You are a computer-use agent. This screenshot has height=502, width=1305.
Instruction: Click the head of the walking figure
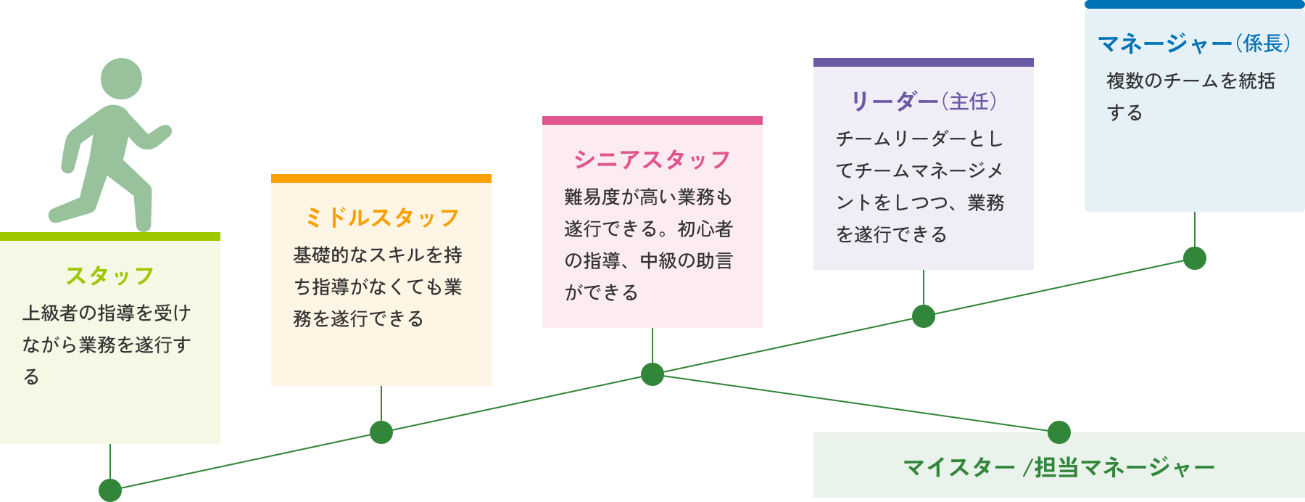pyautogui.click(x=121, y=79)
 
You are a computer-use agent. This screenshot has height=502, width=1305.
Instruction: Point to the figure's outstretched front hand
pyautogui.click(x=164, y=132)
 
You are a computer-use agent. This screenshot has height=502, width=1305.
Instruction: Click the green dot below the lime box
pyautogui.click(x=110, y=490)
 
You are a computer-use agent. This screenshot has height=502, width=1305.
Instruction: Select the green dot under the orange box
pyautogui.click(x=381, y=432)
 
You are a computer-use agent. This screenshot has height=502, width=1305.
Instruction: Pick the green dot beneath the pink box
pyautogui.click(x=652, y=374)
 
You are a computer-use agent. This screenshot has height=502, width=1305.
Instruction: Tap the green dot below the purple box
pyautogui.click(x=924, y=316)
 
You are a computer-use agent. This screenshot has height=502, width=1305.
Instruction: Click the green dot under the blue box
pyautogui.click(x=1195, y=258)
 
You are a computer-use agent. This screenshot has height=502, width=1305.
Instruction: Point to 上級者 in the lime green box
pyautogui.click(x=50, y=313)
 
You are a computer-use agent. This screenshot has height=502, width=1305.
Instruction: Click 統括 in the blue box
pyautogui.click(x=1256, y=81)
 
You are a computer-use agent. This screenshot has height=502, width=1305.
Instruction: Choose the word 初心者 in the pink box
pyautogui.click(x=705, y=229)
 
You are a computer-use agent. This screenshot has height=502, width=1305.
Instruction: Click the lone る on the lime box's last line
pyautogui.click(x=31, y=377)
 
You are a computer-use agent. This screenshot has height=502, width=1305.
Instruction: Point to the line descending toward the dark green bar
pyautogui.click(x=855, y=403)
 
